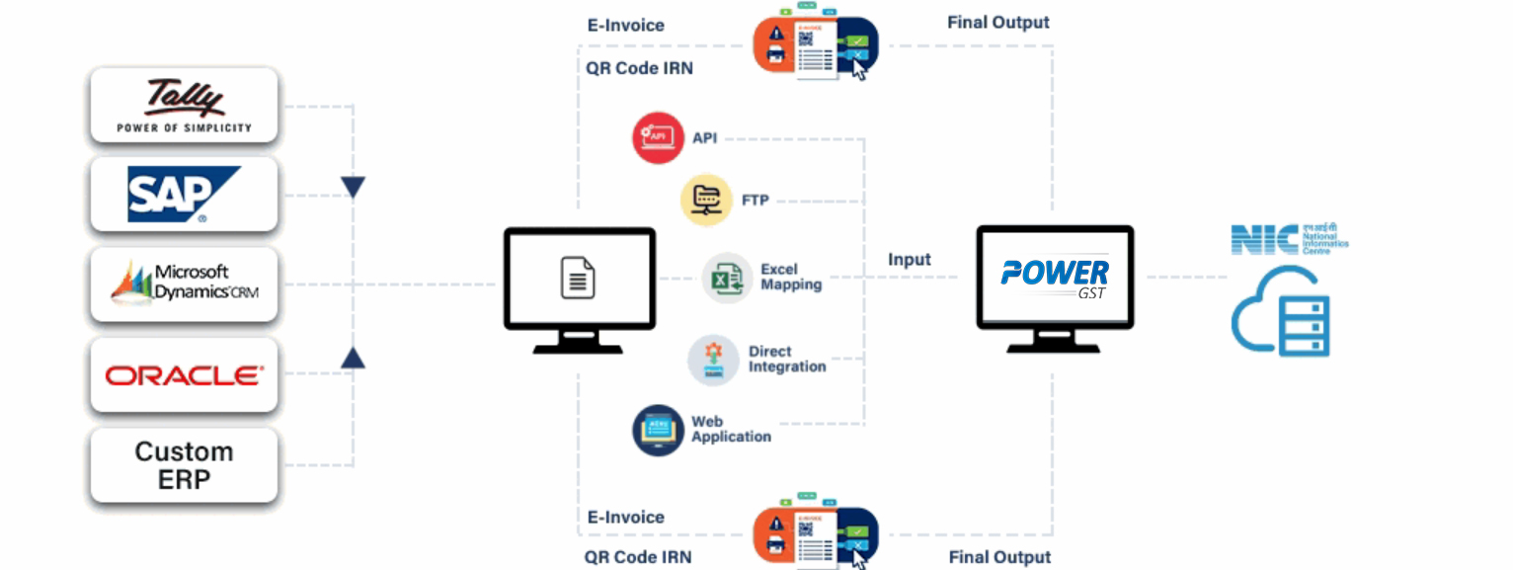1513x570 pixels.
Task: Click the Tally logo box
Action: pyautogui.click(x=184, y=105)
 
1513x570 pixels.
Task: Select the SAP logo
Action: pyautogui.click(x=184, y=194)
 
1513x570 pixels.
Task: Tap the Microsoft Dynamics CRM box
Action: pyautogui.click(x=184, y=284)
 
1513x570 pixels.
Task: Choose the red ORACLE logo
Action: pyautogui.click(x=184, y=375)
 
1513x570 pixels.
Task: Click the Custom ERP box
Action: pyautogui.click(x=184, y=465)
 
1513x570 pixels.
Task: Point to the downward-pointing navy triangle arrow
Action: pyautogui.click(x=353, y=187)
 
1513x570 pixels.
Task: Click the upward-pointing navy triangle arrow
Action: pyautogui.click(x=353, y=358)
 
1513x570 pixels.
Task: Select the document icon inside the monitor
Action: pyautogui.click(x=579, y=278)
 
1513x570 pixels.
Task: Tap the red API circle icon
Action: pyautogui.click(x=658, y=137)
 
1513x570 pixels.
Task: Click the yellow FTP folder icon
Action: pyautogui.click(x=706, y=201)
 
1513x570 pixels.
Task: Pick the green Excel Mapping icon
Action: pyautogui.click(x=727, y=279)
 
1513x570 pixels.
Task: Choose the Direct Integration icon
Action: pyautogui.click(x=713, y=360)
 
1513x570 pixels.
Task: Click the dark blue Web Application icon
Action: pyautogui.click(x=658, y=430)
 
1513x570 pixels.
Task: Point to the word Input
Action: pyautogui.click(x=909, y=260)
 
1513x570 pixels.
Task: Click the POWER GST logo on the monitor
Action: pyautogui.click(x=1054, y=275)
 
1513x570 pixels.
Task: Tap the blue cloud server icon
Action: pyautogui.click(x=1281, y=311)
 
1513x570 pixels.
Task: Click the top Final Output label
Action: pyautogui.click(x=998, y=22)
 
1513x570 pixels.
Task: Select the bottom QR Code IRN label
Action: pyautogui.click(x=638, y=557)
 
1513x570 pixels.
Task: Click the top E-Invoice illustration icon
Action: pyautogui.click(x=815, y=45)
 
